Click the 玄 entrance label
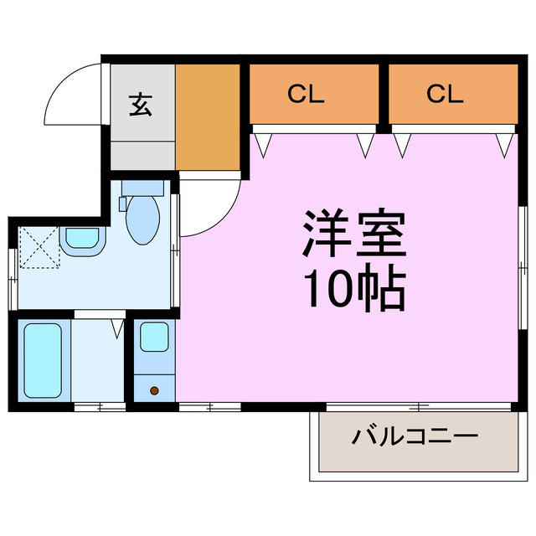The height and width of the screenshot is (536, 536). pos(140,106)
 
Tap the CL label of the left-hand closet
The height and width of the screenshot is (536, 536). pos(306,94)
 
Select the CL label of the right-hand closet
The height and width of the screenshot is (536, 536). pos(445,94)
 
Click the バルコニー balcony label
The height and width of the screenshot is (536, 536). pos(415,436)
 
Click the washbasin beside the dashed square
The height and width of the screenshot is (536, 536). pos(83,240)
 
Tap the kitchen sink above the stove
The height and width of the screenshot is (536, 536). pos(154,338)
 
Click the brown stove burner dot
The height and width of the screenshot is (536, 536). pos(153,389)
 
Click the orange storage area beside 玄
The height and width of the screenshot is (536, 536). pos(208,115)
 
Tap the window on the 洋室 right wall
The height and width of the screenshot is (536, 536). pos(522,268)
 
